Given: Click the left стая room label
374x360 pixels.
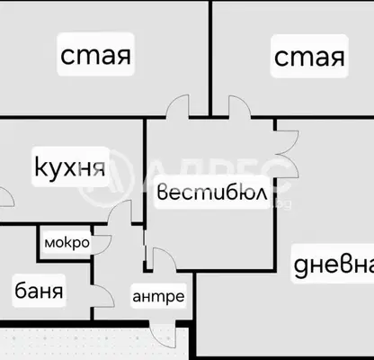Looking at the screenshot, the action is pyautogui.click(x=96, y=55).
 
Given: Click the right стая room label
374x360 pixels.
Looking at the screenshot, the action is pyautogui.click(x=309, y=57).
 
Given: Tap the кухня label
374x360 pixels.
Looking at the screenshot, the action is pyautogui.click(x=70, y=166).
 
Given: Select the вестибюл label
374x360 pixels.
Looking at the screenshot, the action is pyautogui.click(x=212, y=193).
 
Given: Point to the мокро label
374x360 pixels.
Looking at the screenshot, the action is pyautogui.click(x=67, y=242).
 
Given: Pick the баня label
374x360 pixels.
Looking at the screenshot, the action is pyautogui.click(x=39, y=291).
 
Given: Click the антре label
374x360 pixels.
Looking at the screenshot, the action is pyautogui.click(x=158, y=296).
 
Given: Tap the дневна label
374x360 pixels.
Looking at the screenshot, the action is pyautogui.click(x=334, y=265).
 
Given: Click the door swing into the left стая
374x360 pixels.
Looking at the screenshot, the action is pyautogui.click(x=177, y=105).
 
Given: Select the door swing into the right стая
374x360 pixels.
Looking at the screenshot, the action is pyautogui.click(x=240, y=106).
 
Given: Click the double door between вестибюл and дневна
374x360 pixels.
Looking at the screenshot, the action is pyautogui.click(x=287, y=154).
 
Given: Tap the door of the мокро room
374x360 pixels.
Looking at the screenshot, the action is pyautogui.click(x=102, y=245).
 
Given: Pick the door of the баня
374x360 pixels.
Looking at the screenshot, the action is pyautogui.click(x=103, y=296).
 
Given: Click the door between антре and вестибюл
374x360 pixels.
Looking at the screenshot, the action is pyautogui.click(x=165, y=260).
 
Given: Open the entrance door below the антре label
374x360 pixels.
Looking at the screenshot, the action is pyautogui.click(x=163, y=334).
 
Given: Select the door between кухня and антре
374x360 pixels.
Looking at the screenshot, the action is pyautogui.click(x=120, y=211).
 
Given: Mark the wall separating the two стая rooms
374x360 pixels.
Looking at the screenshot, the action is pyautogui.click(x=210, y=58).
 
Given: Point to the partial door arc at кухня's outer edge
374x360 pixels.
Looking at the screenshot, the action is pyautogui.click(x=6, y=197).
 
